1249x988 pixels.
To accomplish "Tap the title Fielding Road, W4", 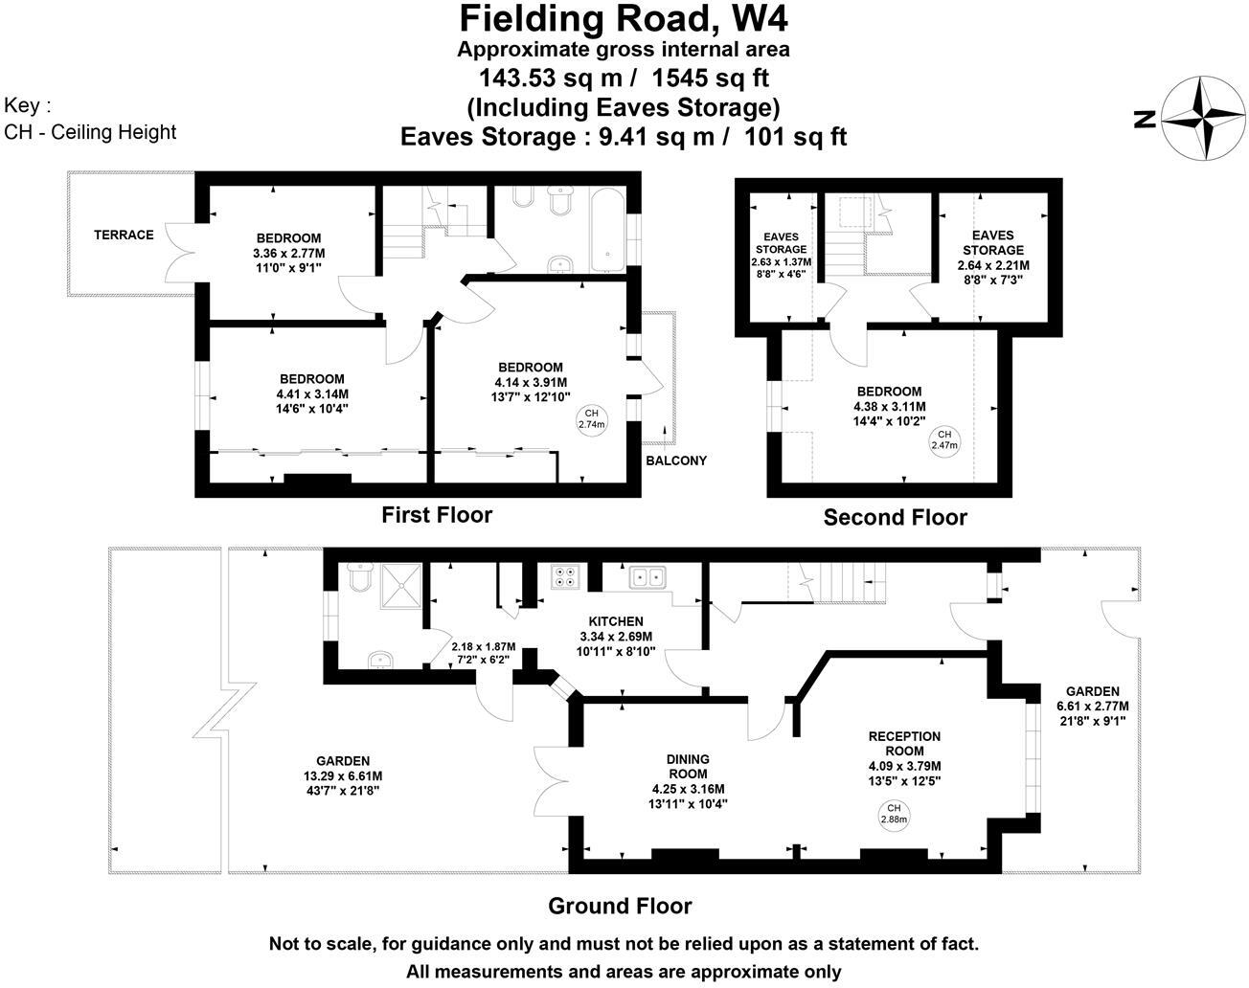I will click(x=624, y=18).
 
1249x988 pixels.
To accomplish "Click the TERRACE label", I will click(x=124, y=235).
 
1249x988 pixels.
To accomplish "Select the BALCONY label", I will click(x=676, y=460).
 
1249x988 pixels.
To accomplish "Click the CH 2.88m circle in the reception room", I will click(x=895, y=814).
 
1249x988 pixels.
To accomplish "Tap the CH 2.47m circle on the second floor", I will click(x=944, y=439).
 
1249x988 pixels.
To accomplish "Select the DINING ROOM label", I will click(x=688, y=767).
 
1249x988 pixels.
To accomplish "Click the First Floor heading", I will click(x=437, y=515).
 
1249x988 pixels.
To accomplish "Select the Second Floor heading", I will click(x=895, y=518).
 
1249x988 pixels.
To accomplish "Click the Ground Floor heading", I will click(x=620, y=906).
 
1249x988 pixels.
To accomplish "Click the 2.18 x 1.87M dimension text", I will click(x=483, y=646).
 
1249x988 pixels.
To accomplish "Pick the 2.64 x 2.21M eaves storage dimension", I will click(x=993, y=265).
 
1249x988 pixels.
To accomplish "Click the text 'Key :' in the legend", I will click(x=28, y=105).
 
